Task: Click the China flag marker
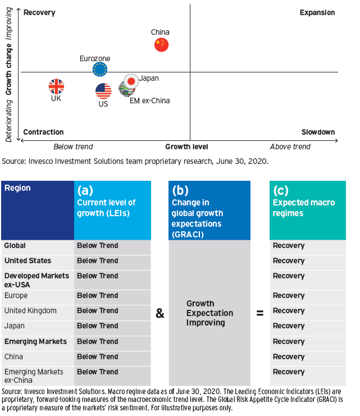coord(161,45)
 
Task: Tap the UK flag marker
coord(56,86)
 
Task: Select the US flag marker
coord(103,90)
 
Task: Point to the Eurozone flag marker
coord(100,69)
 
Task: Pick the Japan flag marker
coord(131,81)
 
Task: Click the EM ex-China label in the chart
coord(149,101)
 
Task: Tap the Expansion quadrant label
coord(317,12)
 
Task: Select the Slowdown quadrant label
coord(318,132)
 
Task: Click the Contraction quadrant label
coord(44,132)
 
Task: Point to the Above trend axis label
coord(290,147)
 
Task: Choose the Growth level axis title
coord(186,147)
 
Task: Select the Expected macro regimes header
coord(303,207)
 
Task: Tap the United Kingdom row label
coord(30,311)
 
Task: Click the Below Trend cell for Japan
coord(98,326)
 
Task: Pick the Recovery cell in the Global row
coord(289,246)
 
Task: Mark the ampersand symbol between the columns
coord(160,314)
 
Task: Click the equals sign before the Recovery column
coord(260,314)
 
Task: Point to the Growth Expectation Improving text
coord(209,313)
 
